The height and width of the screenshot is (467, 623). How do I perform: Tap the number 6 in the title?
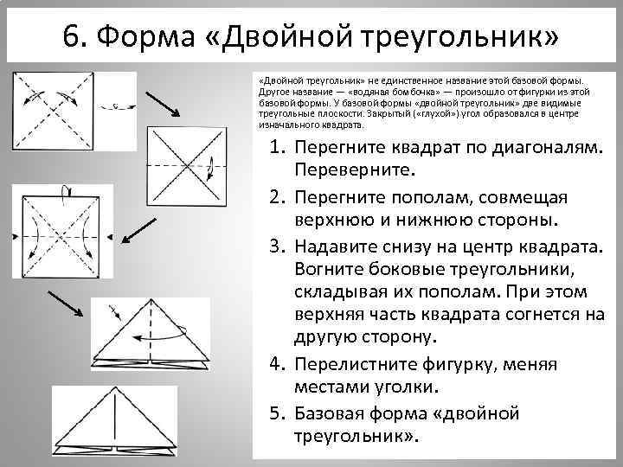[72, 36]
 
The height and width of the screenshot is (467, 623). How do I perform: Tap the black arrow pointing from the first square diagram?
[162, 103]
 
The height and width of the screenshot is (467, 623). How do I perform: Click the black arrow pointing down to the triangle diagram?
[66, 306]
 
